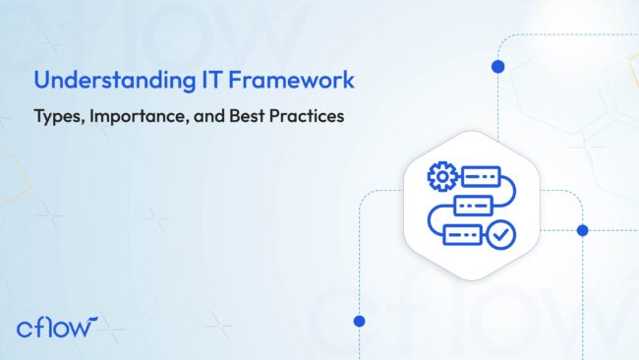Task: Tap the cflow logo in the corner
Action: click(58, 326)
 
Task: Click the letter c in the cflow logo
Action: click(24, 328)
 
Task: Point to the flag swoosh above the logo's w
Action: click(90, 319)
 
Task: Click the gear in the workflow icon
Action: click(440, 177)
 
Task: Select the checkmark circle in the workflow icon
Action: click(499, 235)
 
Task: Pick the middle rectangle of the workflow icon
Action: click(473, 206)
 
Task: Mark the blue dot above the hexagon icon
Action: click(497, 67)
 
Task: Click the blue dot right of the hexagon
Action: click(582, 230)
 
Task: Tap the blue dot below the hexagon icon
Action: click(359, 321)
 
